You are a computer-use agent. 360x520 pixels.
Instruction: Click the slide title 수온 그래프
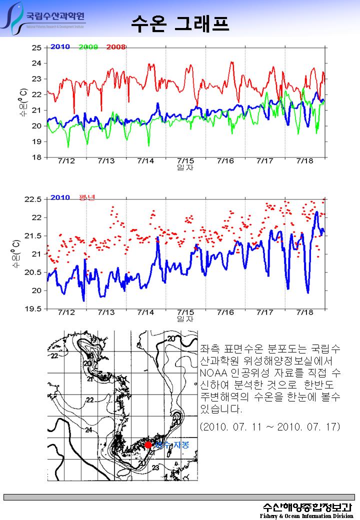(180, 22)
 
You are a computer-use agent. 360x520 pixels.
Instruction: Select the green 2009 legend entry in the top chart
(88, 47)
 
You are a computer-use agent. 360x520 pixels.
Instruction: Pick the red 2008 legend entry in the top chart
(115, 47)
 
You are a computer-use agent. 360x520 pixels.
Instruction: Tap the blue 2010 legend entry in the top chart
(60, 47)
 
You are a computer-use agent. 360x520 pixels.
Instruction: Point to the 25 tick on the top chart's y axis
(36, 48)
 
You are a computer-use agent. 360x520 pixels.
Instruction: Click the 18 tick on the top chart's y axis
(36, 157)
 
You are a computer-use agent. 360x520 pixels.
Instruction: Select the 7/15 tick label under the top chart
(185, 161)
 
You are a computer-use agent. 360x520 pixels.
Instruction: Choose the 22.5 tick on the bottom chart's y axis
(33, 199)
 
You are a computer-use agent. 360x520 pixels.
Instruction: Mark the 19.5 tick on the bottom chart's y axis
(33, 309)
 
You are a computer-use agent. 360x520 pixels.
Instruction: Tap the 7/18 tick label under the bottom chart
(304, 312)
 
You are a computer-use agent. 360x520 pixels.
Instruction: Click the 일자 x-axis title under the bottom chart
(185, 319)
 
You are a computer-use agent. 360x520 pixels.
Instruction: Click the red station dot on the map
(148, 445)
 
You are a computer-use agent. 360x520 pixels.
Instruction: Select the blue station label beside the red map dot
(171, 444)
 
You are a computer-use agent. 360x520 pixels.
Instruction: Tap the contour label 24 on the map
(88, 430)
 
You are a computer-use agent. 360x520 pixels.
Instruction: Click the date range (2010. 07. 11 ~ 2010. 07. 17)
(269, 427)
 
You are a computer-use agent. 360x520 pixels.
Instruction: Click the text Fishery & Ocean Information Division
(306, 515)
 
